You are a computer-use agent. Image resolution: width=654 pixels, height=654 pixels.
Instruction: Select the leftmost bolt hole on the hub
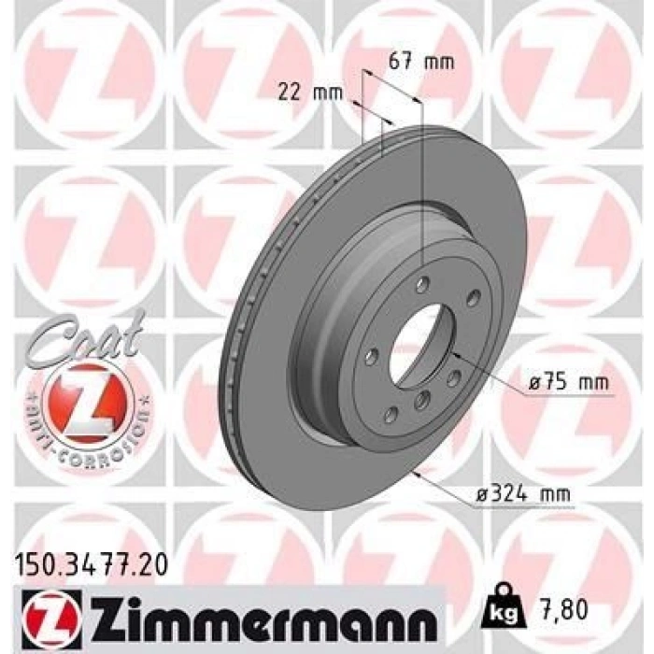373,355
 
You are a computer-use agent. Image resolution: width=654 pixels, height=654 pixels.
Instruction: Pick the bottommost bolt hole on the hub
391,413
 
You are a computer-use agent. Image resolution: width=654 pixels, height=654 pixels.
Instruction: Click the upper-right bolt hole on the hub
473,297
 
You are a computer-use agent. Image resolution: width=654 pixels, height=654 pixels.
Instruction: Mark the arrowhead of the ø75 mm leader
453,355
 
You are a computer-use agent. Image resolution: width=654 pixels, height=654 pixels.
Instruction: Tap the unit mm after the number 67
438,63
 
